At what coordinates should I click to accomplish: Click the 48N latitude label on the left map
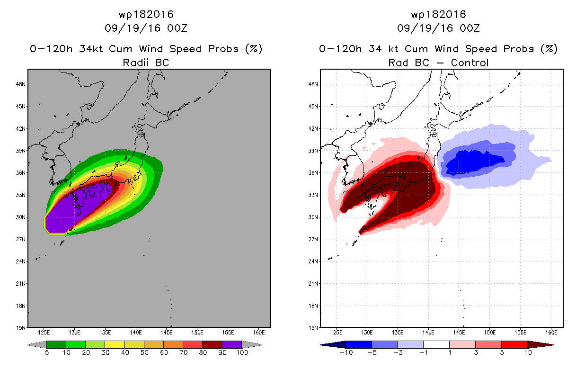[x=21, y=84]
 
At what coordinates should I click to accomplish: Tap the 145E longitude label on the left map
[x=166, y=333]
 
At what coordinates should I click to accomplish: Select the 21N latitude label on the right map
[x=313, y=284]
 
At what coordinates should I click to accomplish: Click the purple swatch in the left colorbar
[x=232, y=344]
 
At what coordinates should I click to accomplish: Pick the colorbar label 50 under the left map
[x=144, y=352]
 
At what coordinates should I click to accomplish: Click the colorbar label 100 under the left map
[x=242, y=352]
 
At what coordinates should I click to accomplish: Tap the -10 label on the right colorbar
[x=346, y=352]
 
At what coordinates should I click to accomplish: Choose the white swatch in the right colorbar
[x=436, y=344]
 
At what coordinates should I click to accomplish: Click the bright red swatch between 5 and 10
[x=514, y=344]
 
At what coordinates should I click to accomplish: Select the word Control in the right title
[x=470, y=63]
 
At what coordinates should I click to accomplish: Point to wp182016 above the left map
[x=146, y=15]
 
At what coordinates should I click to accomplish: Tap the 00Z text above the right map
[x=470, y=28]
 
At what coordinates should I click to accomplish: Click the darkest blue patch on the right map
[x=473, y=162]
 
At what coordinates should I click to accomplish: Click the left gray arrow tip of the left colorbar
[x=28, y=345]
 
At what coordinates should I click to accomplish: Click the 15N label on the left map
[x=21, y=328]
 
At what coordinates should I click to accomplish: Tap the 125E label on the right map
[x=336, y=333]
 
